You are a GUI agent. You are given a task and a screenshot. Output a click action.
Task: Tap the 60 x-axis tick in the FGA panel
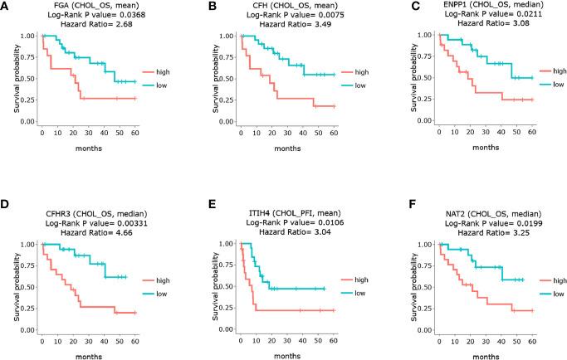tap(135, 131)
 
